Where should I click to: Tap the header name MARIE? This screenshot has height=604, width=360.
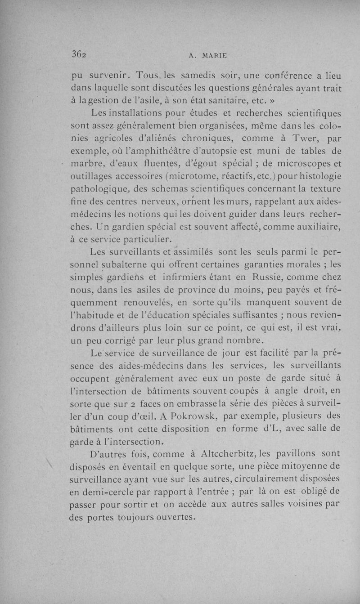[214, 56]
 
